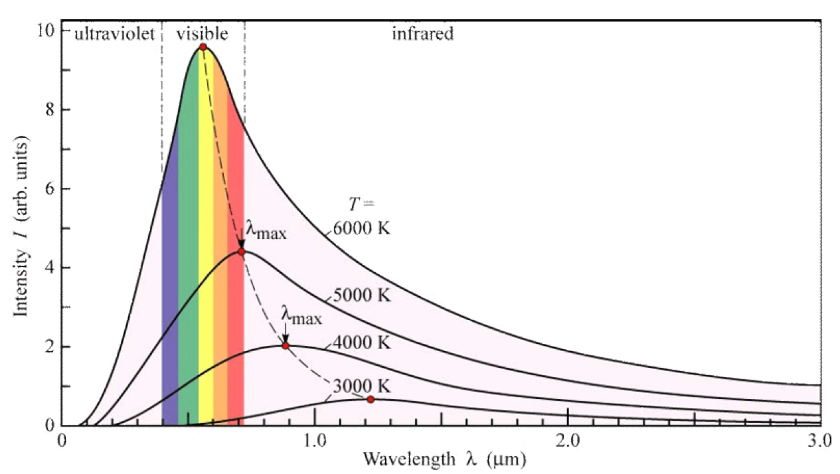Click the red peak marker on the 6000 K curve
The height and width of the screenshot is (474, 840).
coord(203,46)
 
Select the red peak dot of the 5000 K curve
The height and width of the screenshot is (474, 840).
coord(241,252)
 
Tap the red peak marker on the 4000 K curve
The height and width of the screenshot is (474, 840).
coord(286,345)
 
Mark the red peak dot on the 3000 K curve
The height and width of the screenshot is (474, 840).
coord(370,399)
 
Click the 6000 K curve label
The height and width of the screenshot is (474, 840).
coord(361,228)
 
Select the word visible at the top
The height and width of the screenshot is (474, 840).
coord(202,34)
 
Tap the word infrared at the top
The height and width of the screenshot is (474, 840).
coord(422,34)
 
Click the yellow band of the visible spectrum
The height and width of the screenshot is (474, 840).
coord(206,266)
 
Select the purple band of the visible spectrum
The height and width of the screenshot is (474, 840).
coord(169,299)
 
